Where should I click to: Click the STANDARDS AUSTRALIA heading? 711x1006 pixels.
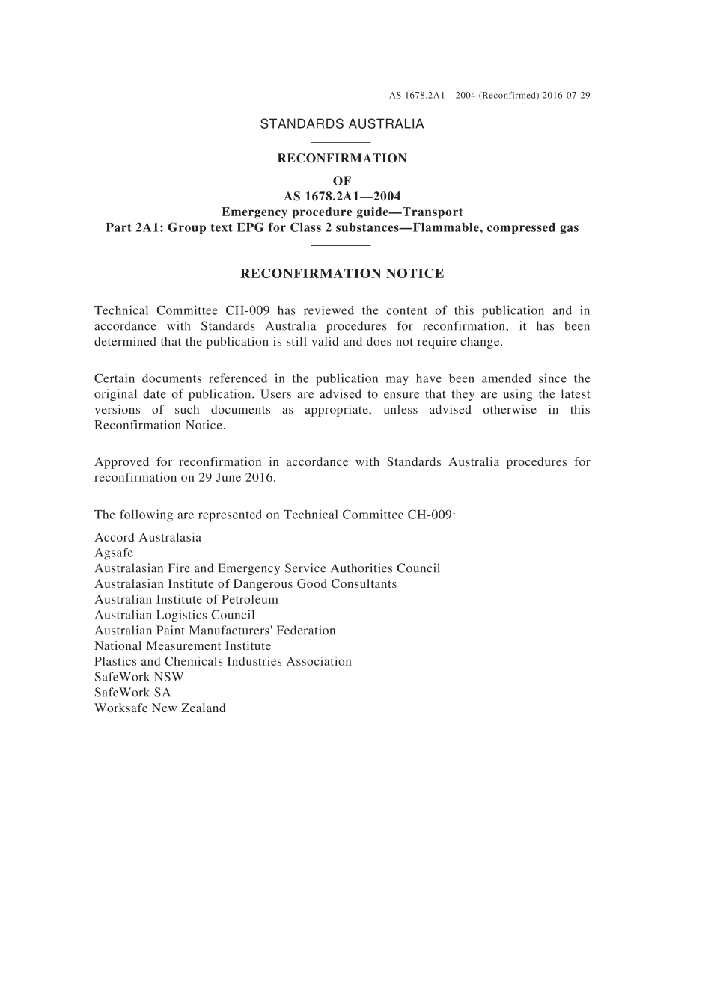pyautogui.click(x=342, y=124)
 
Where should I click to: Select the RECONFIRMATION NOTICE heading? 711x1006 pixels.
pyautogui.click(x=342, y=274)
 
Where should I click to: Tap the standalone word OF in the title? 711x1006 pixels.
pyautogui.click(x=342, y=181)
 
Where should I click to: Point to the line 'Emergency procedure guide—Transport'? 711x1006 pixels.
pyautogui.click(x=342, y=212)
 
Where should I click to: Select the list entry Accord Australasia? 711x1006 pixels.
pyautogui.click(x=148, y=538)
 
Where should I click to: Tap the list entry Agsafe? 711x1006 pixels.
pyautogui.click(x=114, y=553)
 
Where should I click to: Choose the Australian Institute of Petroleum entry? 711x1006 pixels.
pyautogui.click(x=186, y=600)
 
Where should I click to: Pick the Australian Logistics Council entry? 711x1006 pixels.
pyautogui.click(x=174, y=616)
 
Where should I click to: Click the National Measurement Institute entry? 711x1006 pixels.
pyautogui.click(x=183, y=646)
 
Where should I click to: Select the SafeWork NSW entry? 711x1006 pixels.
pyautogui.click(x=139, y=678)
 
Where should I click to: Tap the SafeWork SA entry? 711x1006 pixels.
pyautogui.click(x=132, y=693)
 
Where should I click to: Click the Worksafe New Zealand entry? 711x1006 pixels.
pyautogui.click(x=160, y=708)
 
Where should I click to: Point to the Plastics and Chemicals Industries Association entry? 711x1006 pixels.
pyautogui.click(x=223, y=662)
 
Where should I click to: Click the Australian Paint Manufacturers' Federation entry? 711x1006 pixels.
pyautogui.click(x=215, y=631)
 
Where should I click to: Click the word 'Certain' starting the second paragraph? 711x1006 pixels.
pyautogui.click(x=115, y=379)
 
